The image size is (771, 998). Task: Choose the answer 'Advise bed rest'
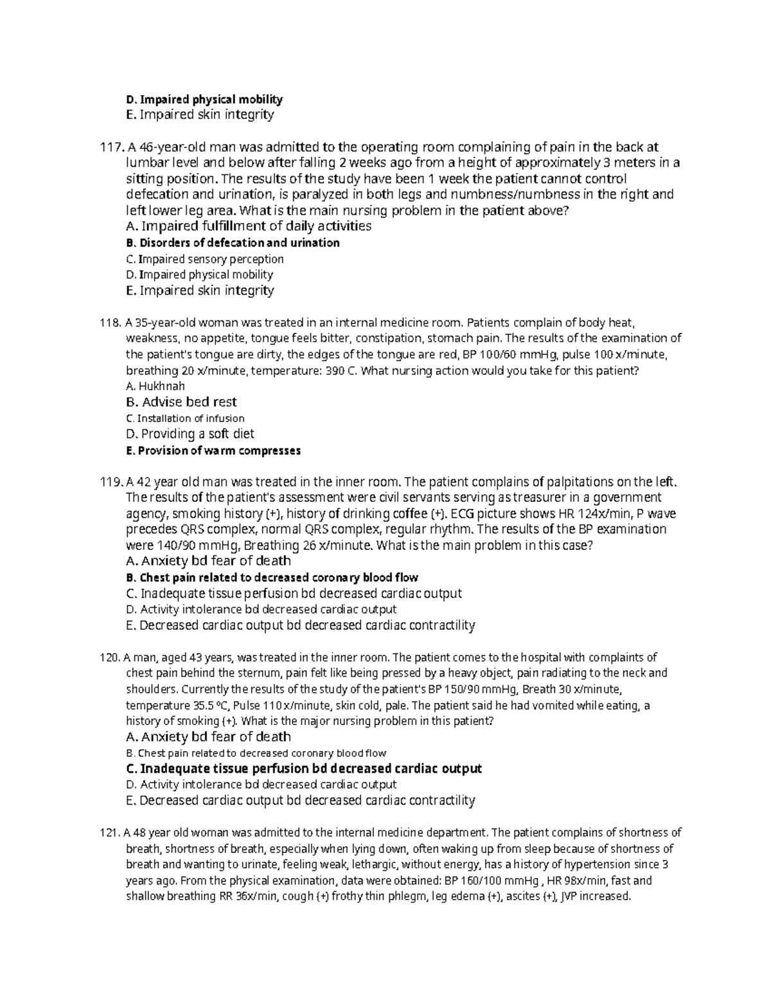182,402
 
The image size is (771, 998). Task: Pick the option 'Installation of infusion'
185,418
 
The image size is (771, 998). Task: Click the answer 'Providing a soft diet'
190,434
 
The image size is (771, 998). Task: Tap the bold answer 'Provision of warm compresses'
213,450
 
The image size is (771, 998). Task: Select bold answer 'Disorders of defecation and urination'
233,243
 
